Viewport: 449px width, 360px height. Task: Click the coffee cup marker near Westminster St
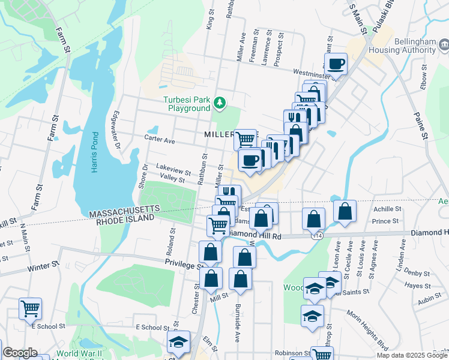(336, 64)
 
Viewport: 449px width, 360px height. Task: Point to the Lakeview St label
(173, 170)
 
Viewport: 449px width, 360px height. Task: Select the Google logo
(20, 353)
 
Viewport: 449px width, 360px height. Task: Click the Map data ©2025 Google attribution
(411, 355)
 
